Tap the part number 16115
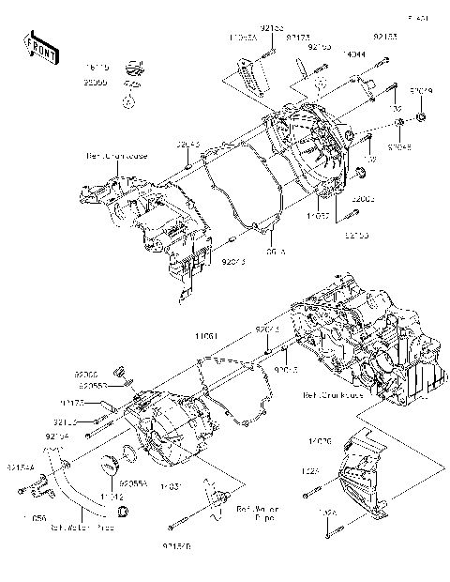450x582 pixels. [x=97, y=68]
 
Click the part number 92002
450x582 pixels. [x=364, y=199]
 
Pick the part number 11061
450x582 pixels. [x=208, y=335]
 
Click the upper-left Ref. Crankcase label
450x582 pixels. [x=105, y=157]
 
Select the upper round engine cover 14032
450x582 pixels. [x=310, y=155]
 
